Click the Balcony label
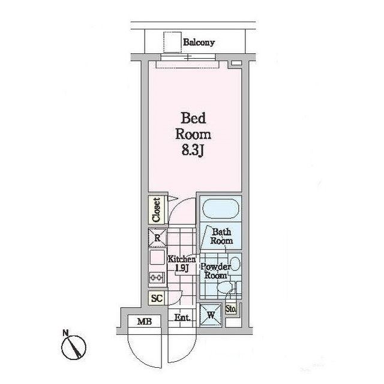coord(199,43)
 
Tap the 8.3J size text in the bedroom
coord(193,151)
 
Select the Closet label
coord(156,210)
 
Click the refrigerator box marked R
coord(157,238)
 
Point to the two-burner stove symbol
coord(157,278)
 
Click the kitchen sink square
coord(157,257)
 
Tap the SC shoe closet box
coord(157,298)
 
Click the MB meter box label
coord(145,321)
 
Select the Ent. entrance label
coord(182,318)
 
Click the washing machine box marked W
coord(211,315)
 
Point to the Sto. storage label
coord(230,310)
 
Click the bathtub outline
coord(221,209)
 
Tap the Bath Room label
coord(221,236)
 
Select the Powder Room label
coord(215,271)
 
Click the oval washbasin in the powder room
coord(236,264)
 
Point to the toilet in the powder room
coord(225,287)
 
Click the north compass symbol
coord(73,347)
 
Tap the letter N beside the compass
coord(65,333)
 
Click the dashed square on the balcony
coord(173,42)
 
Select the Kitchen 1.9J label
coord(182,264)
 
